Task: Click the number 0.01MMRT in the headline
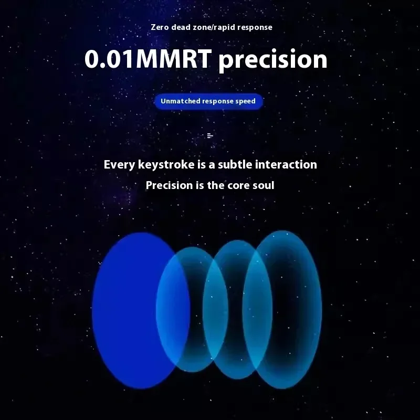(148, 59)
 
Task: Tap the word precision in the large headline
(273, 60)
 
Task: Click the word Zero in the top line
(160, 27)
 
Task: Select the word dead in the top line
(181, 27)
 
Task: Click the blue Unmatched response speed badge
(208, 101)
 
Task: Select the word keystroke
(166, 165)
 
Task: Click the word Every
(120, 165)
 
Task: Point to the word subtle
(235, 164)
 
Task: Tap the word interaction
(286, 164)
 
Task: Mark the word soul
(264, 185)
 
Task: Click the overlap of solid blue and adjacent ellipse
(173, 311)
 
